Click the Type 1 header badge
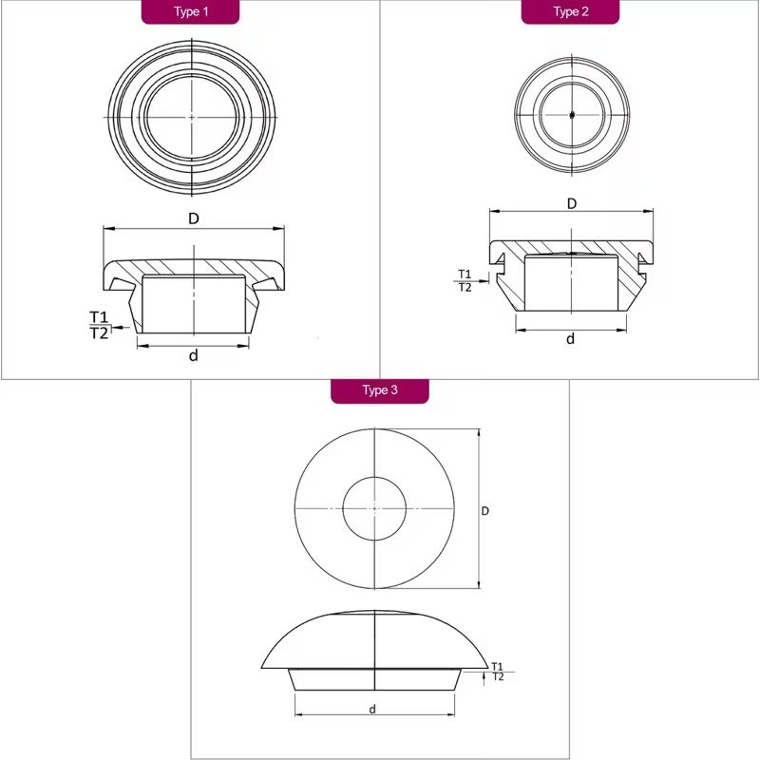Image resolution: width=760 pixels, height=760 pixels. click(x=191, y=11)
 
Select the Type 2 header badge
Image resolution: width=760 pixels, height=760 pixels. click(x=571, y=11)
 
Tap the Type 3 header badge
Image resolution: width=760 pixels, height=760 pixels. click(x=380, y=390)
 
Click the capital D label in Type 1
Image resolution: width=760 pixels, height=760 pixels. click(x=194, y=219)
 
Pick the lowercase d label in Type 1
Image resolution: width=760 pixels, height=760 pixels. click(x=194, y=355)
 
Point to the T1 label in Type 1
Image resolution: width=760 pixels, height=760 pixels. click(x=99, y=317)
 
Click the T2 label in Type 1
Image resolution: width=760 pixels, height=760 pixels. click(x=99, y=333)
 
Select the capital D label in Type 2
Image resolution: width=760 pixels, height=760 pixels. click(x=572, y=204)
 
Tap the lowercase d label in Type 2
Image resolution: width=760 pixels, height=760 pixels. click(x=571, y=339)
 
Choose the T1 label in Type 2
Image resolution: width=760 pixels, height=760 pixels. click(x=465, y=275)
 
